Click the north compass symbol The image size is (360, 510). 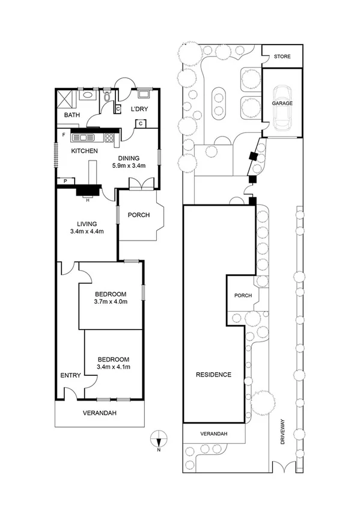pos(158,438)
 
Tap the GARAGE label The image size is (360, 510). pos(282,103)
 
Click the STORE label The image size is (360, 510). pos(282,57)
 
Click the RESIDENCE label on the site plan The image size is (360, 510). pos(213,375)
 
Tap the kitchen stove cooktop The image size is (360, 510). pos(110,138)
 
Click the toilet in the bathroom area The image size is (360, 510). pos(108,95)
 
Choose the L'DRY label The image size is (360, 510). pos(139,109)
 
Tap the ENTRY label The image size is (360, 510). pos(70,375)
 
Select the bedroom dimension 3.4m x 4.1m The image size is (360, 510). pos(114,366)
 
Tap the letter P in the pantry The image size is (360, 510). pos(65,180)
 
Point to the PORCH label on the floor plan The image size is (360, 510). pos(138,215)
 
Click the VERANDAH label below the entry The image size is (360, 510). pos(99,413)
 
